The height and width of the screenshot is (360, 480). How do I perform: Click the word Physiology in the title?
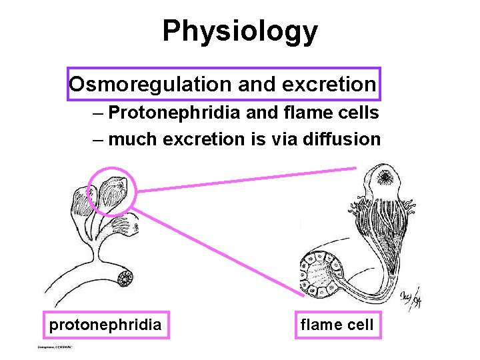(x=240, y=31)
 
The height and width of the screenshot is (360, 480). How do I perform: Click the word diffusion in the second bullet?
(x=341, y=139)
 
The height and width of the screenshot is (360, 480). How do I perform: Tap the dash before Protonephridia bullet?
(x=98, y=113)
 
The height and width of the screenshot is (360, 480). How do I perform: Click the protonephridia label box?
(x=105, y=325)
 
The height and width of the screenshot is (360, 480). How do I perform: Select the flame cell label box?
(x=338, y=325)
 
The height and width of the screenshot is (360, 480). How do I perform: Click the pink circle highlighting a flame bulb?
(x=112, y=192)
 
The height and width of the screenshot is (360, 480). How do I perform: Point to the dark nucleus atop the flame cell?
(x=385, y=177)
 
